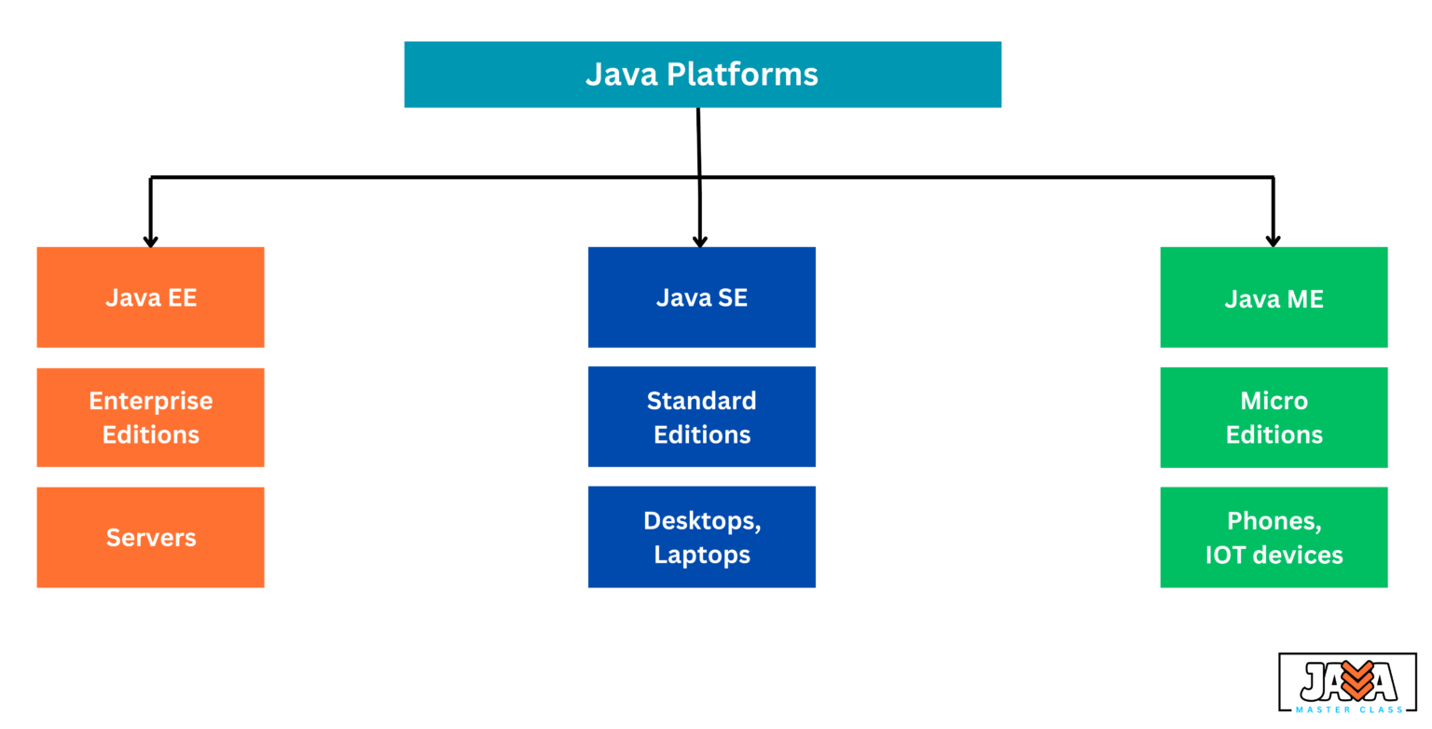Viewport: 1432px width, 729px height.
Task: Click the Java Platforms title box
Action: (x=702, y=75)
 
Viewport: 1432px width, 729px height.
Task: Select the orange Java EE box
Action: (x=150, y=297)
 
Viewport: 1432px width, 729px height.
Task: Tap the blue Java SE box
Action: (x=701, y=297)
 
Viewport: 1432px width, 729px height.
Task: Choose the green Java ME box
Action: (x=1274, y=298)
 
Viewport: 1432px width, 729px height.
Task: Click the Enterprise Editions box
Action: (x=150, y=418)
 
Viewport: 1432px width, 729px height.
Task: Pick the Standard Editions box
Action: (x=701, y=417)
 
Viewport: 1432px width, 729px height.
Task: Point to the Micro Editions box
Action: (x=1274, y=418)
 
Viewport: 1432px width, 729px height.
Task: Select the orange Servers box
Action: (x=150, y=537)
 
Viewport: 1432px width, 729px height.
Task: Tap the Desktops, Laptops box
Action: (x=701, y=537)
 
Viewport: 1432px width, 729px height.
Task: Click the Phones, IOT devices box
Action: (x=1274, y=538)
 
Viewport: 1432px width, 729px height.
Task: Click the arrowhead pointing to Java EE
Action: (x=150, y=241)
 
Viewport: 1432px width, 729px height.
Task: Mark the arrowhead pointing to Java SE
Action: (x=700, y=241)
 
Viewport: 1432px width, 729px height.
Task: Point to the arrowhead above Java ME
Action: (x=1273, y=241)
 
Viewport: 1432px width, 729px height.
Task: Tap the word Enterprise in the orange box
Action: (x=150, y=401)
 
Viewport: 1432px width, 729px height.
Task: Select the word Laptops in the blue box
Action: (x=701, y=555)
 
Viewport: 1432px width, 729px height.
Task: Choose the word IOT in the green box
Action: (x=1225, y=556)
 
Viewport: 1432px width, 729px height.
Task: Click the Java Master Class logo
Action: (x=1347, y=683)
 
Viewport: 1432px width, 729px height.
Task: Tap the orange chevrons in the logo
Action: (x=1356, y=680)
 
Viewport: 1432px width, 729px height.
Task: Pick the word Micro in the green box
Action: (x=1274, y=401)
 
